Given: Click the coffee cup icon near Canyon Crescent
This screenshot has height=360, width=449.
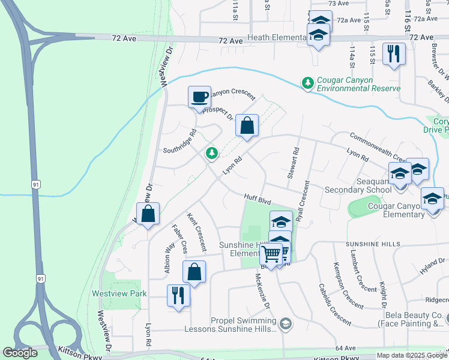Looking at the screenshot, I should tap(199, 97).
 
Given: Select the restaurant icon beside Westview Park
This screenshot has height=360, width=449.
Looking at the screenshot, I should tap(178, 295).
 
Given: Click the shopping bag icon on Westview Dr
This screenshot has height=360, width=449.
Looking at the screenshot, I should tap(148, 214).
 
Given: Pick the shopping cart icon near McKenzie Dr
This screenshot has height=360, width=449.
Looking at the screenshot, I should tap(272, 254).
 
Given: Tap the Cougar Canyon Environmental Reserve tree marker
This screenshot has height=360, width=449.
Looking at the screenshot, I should tap(308, 82).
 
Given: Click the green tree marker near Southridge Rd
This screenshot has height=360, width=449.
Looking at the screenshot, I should tap(211, 154).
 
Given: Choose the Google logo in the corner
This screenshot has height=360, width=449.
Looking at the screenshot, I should tap(20, 353).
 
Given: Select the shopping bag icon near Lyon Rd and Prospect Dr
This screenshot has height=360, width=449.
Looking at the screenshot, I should tap(247, 125).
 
